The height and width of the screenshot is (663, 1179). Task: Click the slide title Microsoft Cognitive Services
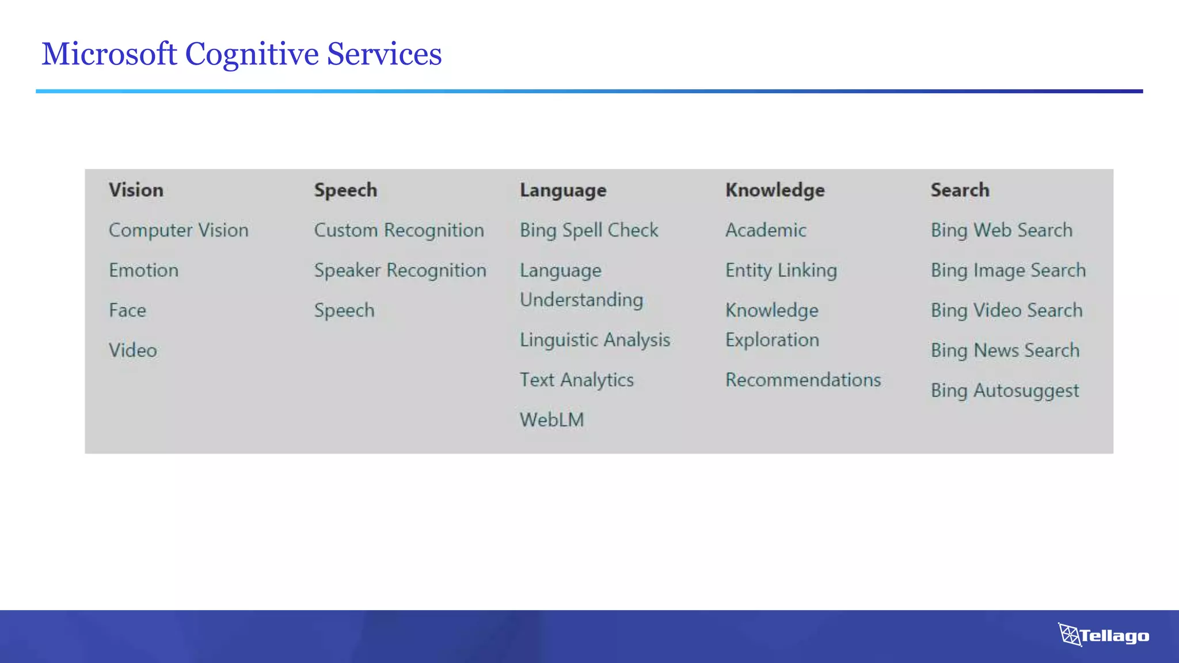pyautogui.click(x=241, y=54)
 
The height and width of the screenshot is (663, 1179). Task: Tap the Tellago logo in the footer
pyautogui.click(x=1104, y=635)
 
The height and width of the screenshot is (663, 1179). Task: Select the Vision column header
pyautogui.click(x=136, y=190)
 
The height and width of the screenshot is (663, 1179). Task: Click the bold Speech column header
pyautogui.click(x=345, y=190)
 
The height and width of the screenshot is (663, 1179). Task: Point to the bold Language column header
pyautogui.click(x=562, y=190)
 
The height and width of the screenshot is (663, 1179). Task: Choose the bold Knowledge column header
pyautogui.click(x=774, y=190)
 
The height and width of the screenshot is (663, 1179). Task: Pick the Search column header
pyautogui.click(x=960, y=190)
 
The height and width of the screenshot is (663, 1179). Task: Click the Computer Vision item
pyautogui.click(x=178, y=230)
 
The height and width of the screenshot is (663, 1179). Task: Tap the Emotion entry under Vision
pyautogui.click(x=143, y=270)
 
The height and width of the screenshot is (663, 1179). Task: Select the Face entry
pyautogui.click(x=127, y=310)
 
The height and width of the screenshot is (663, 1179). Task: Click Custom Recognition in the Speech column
pyautogui.click(x=398, y=230)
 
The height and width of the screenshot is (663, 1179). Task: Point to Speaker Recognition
pyautogui.click(x=400, y=270)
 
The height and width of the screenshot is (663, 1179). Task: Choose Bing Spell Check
pyautogui.click(x=588, y=230)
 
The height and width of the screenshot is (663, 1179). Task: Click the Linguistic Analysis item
pyautogui.click(x=595, y=340)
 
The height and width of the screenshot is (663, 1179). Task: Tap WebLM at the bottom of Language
pyautogui.click(x=552, y=420)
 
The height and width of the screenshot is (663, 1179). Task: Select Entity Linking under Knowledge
pyautogui.click(x=781, y=270)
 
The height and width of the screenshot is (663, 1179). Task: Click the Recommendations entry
pyautogui.click(x=803, y=380)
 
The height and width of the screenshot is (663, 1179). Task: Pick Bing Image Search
pyautogui.click(x=1008, y=270)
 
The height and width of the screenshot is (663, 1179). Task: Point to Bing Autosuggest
pyautogui.click(x=1005, y=391)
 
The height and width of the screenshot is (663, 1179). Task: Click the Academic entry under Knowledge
pyautogui.click(x=765, y=230)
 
